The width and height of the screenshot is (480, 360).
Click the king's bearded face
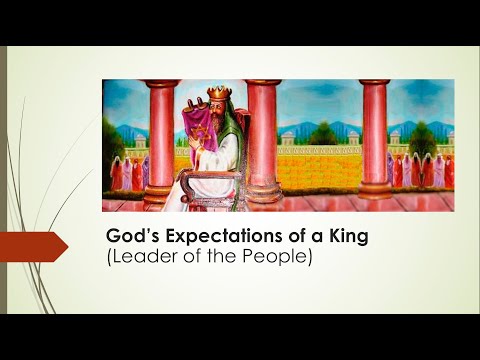point(217,118)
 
